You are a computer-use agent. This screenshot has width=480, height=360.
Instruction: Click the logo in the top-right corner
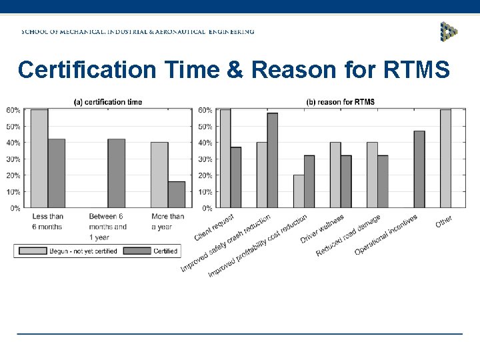449,31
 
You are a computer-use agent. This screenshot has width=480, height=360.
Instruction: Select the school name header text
137,31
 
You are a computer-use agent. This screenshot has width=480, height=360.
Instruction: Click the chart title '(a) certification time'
108,102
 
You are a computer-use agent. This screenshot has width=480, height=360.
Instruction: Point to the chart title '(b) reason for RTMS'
340,102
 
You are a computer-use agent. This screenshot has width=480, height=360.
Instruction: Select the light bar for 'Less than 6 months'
39,159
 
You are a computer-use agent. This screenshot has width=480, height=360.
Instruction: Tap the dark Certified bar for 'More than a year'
177,195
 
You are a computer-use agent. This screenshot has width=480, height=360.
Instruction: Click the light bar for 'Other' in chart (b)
445,159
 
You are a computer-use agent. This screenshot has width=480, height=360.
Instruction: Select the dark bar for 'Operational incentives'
419,169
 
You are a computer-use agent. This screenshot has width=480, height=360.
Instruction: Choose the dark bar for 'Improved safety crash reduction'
272,160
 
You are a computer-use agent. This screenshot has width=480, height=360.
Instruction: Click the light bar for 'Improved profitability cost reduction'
298,191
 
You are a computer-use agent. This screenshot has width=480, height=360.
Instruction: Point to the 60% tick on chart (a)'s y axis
13,110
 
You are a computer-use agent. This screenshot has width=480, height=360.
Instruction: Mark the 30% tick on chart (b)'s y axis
205,159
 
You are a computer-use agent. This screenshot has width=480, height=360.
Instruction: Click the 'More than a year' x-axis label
168,221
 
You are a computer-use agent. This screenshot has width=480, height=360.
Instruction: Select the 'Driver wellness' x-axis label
323,229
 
